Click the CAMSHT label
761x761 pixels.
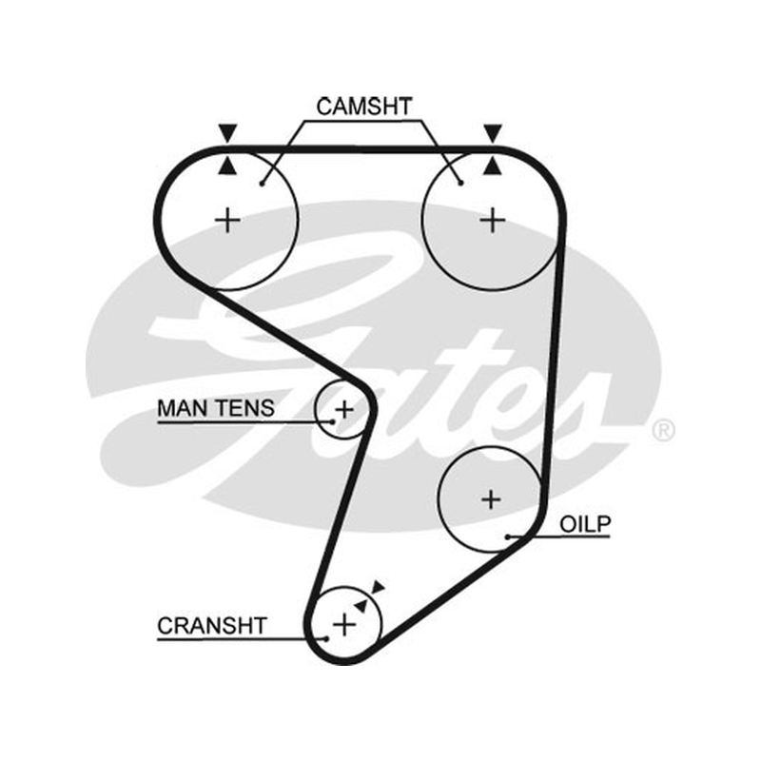tap(364, 107)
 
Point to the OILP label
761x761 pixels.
tap(585, 524)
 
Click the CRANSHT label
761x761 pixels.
tap(212, 626)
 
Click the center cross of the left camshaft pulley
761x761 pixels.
tap(227, 221)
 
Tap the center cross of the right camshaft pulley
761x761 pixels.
tap(493, 221)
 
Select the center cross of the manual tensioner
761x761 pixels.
tap(344, 410)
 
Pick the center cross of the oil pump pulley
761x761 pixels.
tap(491, 499)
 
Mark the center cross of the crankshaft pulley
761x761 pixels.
tap(344, 624)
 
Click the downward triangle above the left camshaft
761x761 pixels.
tap(227, 132)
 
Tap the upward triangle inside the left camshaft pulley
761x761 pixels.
tap(227, 166)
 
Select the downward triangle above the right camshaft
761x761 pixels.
tap(493, 132)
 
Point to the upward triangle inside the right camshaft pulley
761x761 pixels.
tap(493, 166)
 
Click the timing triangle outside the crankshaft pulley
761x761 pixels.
tap(378, 587)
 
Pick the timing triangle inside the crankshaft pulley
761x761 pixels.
tap(361, 605)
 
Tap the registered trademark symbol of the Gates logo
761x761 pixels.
tap(663, 430)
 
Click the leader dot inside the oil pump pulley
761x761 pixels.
tap(508, 537)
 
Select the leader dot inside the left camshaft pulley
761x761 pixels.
tap(262, 184)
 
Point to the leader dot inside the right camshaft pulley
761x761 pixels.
tap(461, 183)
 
